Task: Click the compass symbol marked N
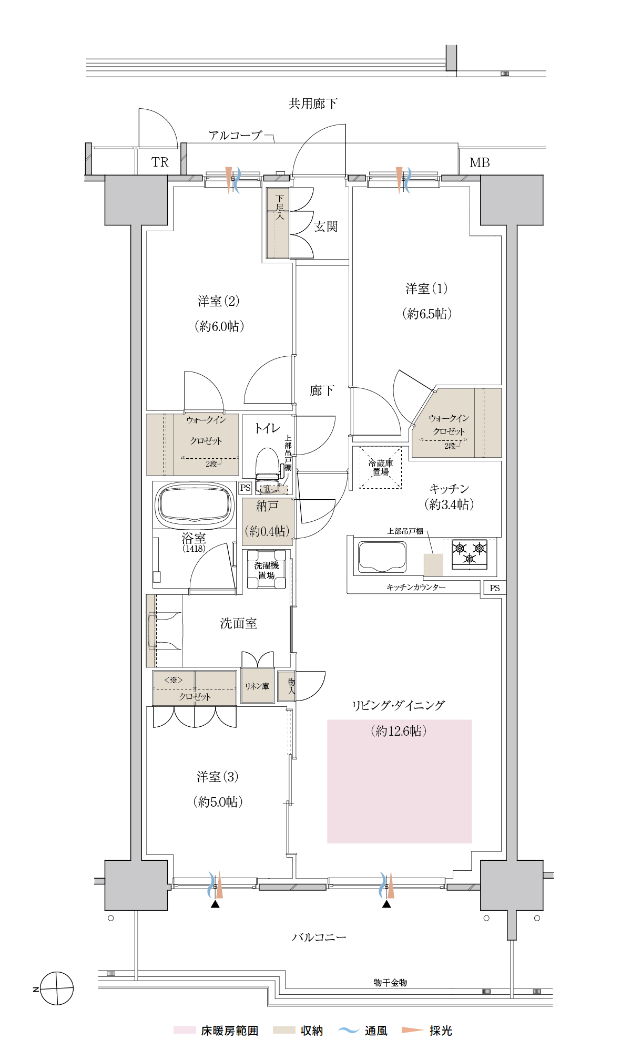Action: tap(57, 988)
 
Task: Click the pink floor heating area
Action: tap(399, 781)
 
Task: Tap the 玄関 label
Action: tap(326, 226)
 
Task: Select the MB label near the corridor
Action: tap(480, 163)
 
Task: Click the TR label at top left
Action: tap(160, 162)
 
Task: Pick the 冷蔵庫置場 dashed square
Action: tap(381, 468)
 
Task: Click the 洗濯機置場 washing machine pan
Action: tap(267, 569)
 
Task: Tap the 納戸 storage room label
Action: tap(267, 506)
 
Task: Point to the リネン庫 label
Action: tap(257, 686)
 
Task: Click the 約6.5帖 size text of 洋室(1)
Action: tap(427, 314)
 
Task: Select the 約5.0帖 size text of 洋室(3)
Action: tap(218, 802)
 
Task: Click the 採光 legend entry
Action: tap(427, 1031)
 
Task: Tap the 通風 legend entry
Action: tap(362, 1031)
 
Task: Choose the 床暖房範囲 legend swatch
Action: tap(185, 1030)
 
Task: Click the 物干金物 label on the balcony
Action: tap(390, 982)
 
